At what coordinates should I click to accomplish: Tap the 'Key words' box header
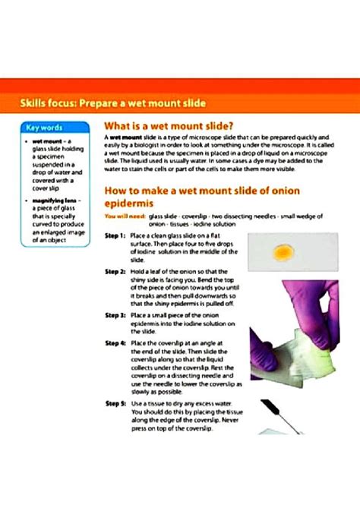tap(45, 128)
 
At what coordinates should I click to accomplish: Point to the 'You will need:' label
tap(120, 216)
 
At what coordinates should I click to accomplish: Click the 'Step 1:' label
tap(115, 236)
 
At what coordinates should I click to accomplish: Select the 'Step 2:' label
tap(115, 271)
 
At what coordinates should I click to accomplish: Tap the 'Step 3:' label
tap(115, 314)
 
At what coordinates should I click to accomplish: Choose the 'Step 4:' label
tap(115, 342)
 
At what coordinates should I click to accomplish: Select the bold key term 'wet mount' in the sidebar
tap(42, 141)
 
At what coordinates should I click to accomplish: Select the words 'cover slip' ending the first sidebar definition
tap(39, 188)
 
